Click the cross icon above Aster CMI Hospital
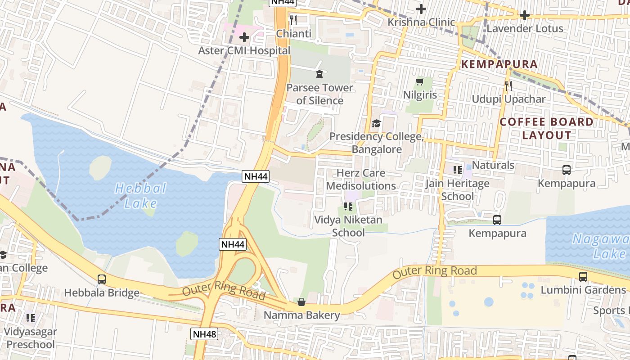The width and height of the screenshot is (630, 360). [x=244, y=37]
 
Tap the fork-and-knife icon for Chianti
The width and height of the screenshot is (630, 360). [x=293, y=20]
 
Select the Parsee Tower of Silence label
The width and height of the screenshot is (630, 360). [x=319, y=94]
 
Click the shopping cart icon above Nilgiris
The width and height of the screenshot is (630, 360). [x=420, y=81]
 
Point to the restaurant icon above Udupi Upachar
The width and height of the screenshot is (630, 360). [x=508, y=85]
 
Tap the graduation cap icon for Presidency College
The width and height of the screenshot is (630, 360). [x=376, y=123]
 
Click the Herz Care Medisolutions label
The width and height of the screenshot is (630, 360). [x=361, y=180]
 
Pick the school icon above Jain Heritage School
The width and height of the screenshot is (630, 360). [x=458, y=170]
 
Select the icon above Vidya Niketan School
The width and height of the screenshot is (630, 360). [x=348, y=207]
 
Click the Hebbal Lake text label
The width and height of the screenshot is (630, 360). [x=141, y=195]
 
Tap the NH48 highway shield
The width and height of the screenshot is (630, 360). [x=204, y=334]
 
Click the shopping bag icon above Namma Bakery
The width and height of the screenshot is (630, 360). [x=301, y=301]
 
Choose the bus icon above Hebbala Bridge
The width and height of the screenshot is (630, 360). [x=102, y=279]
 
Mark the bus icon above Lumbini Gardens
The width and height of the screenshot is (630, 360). [x=583, y=276]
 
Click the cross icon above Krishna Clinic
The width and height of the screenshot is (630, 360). [x=421, y=9]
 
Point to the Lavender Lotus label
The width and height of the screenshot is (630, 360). [x=525, y=28]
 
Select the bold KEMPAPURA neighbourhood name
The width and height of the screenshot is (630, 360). [x=499, y=64]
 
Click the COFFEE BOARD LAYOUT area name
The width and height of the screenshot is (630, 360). [x=547, y=128]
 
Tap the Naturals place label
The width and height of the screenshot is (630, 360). [x=493, y=165]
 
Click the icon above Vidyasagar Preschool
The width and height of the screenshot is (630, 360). [x=31, y=318]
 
